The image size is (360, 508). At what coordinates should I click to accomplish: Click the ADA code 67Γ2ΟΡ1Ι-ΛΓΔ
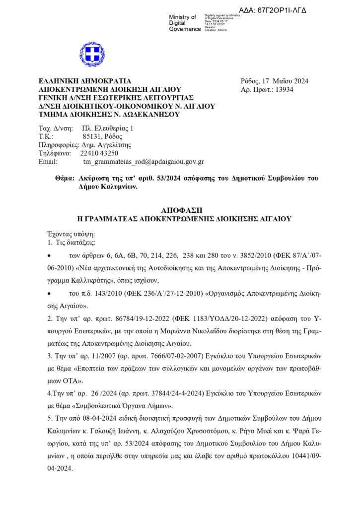[x=280, y=9]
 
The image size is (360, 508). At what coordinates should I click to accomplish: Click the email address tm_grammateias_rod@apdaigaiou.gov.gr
[x=144, y=162]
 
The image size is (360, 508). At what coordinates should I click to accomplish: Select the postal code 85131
[x=91, y=136]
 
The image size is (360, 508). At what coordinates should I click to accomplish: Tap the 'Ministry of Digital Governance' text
[x=184, y=23]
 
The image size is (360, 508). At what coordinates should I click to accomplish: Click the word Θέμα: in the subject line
[x=65, y=178]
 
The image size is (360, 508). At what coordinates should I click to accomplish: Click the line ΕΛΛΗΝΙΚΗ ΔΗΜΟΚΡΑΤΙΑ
[x=85, y=81]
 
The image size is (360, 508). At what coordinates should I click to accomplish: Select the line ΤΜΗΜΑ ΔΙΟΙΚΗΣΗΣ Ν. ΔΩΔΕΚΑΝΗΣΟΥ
[x=109, y=114]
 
